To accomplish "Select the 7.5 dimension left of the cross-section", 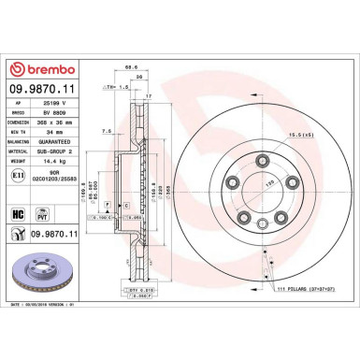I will pyautogui.click(x=108, y=131).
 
